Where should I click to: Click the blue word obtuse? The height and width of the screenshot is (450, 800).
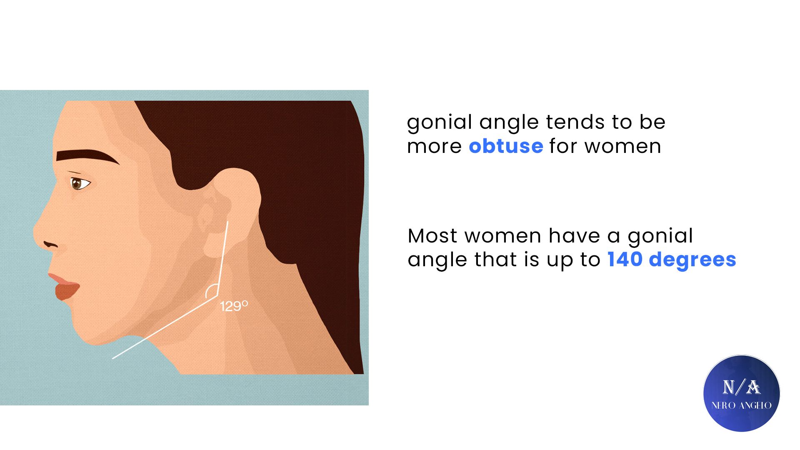506,146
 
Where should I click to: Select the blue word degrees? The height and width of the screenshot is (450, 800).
692,260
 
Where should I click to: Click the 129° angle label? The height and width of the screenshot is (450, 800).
234,306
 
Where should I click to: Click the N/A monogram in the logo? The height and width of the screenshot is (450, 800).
741,387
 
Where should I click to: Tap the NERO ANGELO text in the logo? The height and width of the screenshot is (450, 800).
742,405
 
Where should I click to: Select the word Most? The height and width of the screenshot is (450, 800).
433,236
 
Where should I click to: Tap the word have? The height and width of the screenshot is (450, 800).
574,236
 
